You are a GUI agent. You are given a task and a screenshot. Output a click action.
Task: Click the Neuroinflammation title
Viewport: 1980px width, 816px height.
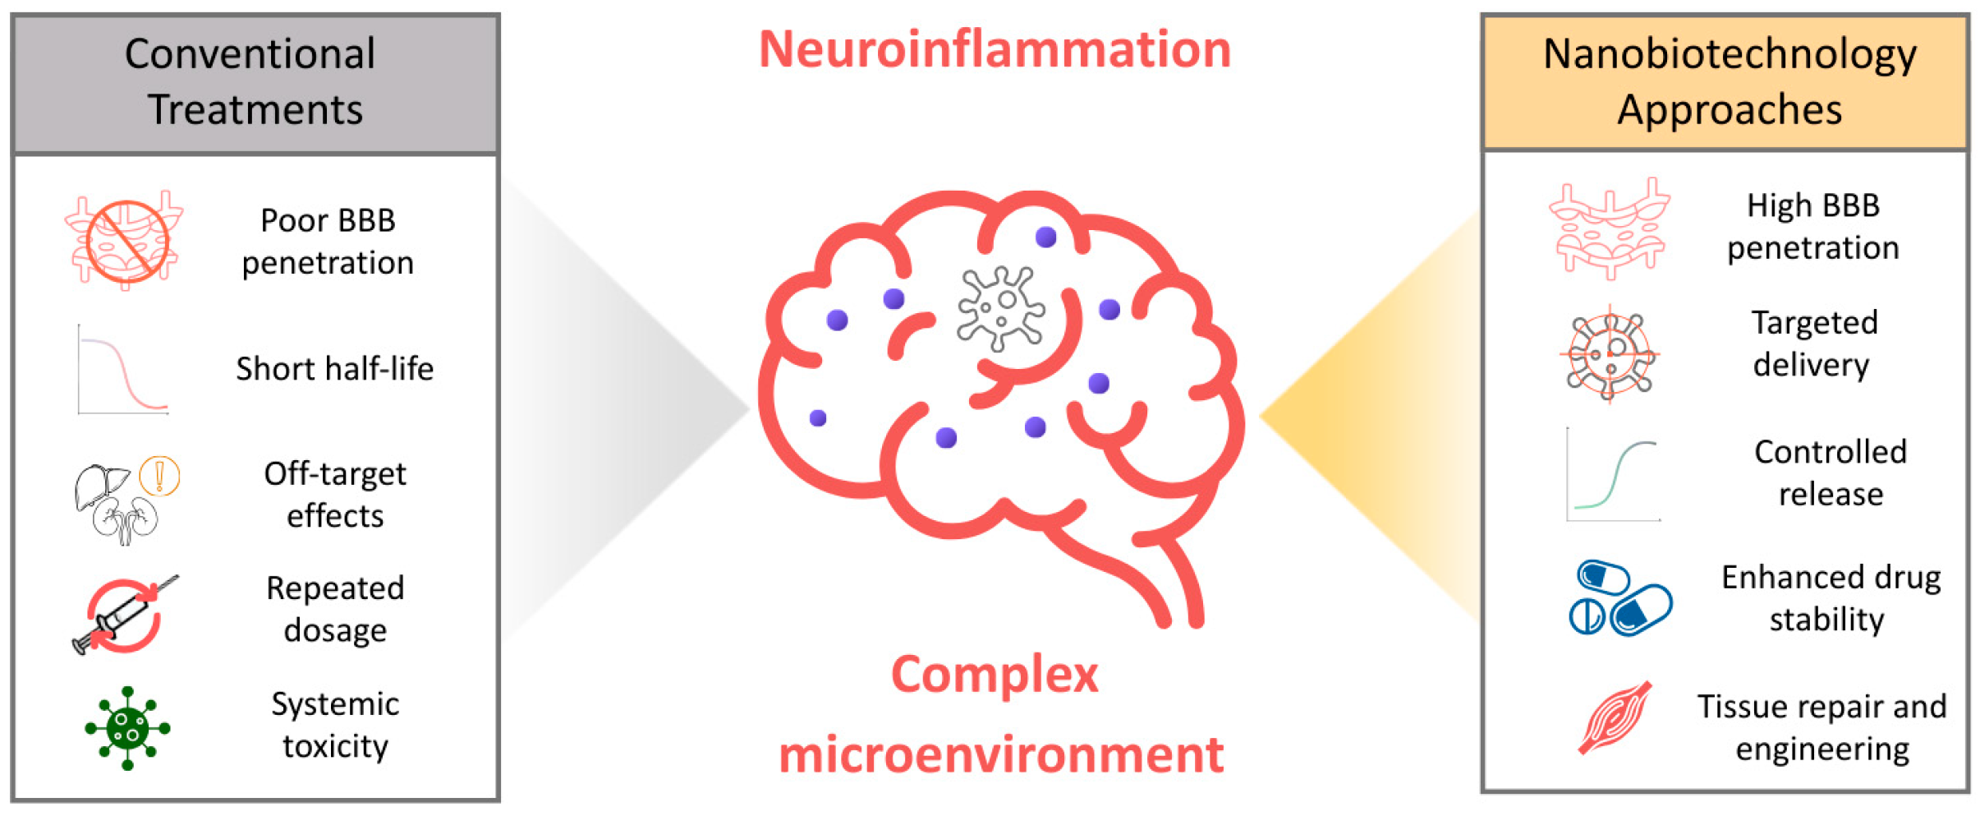pyautogui.click(x=995, y=49)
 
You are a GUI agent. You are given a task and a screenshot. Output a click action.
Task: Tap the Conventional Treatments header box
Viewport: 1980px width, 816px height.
pyautogui.click(x=255, y=84)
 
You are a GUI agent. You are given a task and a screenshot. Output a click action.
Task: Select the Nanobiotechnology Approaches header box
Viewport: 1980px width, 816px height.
pyautogui.click(x=1725, y=82)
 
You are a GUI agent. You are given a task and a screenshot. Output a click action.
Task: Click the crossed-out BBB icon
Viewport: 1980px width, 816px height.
pyautogui.click(x=125, y=240)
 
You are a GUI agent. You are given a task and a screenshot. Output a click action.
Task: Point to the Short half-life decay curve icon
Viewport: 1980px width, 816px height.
pyautogui.click(x=123, y=369)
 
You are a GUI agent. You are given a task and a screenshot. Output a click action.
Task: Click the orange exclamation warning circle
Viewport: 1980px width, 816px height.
pyautogui.click(x=159, y=476)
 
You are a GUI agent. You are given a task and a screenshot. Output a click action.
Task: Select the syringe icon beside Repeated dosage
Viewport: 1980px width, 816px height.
pyautogui.click(x=125, y=615)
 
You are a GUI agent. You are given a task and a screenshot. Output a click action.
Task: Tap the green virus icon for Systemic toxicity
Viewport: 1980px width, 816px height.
pyautogui.click(x=127, y=728)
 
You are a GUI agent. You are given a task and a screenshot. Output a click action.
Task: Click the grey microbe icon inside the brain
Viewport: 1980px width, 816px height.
pyautogui.click(x=1001, y=308)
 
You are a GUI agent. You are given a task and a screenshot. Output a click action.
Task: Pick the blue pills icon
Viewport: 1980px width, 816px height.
pyautogui.click(x=1620, y=598)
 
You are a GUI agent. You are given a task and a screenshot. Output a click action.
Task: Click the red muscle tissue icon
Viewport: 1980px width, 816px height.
pyautogui.click(x=1615, y=717)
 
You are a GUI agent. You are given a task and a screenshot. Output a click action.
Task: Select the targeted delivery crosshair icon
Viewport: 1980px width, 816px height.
pyautogui.click(x=1610, y=354)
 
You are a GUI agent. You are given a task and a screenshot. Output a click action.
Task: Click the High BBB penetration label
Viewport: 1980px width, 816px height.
pyautogui.click(x=1813, y=226)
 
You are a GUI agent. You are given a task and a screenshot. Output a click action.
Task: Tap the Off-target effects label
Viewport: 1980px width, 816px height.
pyautogui.click(x=335, y=494)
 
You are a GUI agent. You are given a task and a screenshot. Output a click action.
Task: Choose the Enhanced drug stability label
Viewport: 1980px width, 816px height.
pyautogui.click(x=1831, y=598)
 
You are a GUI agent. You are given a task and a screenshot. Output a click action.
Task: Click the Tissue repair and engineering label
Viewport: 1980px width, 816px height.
pyautogui.click(x=1822, y=727)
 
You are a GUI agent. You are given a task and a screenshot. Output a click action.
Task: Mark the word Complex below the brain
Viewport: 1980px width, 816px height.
pyautogui.click(x=995, y=675)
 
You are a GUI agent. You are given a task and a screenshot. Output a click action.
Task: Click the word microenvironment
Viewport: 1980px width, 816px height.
pyautogui.click(x=1001, y=754)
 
